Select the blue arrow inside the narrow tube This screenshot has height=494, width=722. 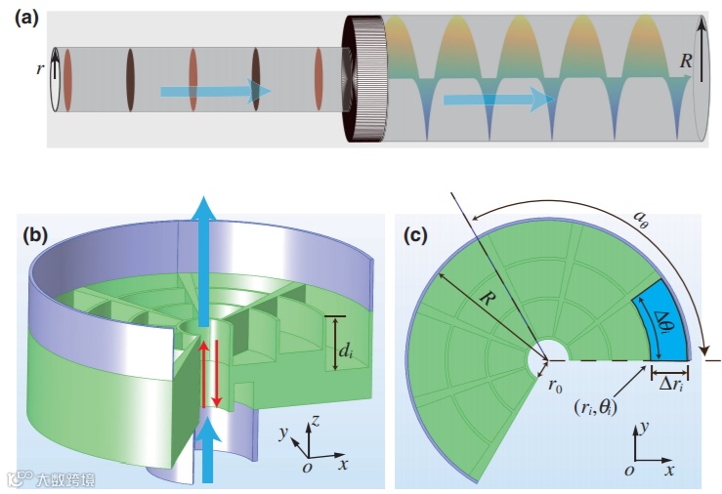tap(215, 92)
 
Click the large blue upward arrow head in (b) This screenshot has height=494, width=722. tap(204, 212)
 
